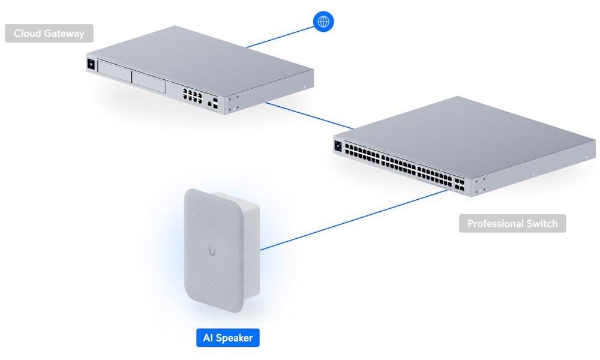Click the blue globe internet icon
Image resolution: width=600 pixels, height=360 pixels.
(323, 22)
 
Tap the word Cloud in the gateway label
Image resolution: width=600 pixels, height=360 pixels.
(27, 34)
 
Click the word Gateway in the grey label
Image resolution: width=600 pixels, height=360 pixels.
(64, 34)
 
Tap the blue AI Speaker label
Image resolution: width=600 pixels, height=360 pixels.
(227, 338)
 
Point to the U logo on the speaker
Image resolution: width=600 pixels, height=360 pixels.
(212, 251)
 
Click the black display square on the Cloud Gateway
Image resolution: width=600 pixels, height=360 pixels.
(91, 64)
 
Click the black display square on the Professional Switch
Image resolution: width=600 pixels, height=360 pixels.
(338, 146)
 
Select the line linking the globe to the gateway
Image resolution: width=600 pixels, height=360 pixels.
(280, 37)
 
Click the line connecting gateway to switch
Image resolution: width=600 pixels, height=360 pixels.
(309, 116)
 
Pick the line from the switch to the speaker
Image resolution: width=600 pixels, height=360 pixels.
(353, 220)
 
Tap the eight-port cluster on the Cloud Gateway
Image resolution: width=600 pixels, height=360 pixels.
(192, 96)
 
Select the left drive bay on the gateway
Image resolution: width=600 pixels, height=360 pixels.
(115, 71)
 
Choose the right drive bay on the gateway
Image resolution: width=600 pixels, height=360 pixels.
(148, 82)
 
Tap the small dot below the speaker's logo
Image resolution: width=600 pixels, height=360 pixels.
(212, 280)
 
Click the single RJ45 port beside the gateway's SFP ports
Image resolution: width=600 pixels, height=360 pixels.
(209, 104)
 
